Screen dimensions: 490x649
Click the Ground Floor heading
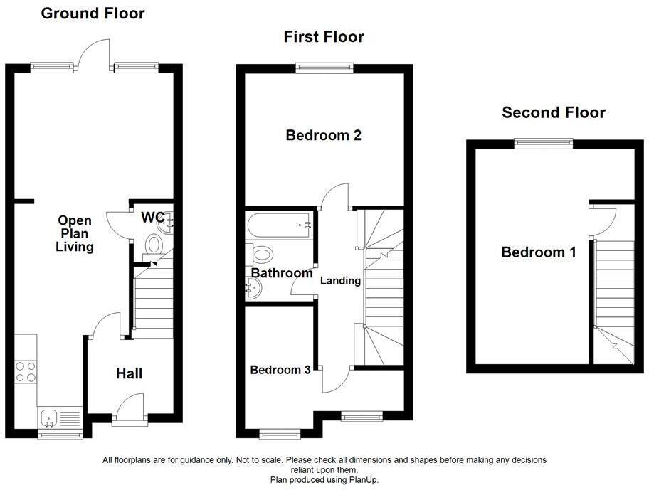93,13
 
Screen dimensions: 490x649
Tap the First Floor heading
324,36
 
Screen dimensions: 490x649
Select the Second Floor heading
554,112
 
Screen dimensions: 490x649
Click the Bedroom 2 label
323,135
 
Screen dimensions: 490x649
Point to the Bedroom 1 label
539,252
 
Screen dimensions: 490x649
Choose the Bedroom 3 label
280,370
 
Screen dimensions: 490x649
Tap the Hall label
130,373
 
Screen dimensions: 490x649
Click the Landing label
340,281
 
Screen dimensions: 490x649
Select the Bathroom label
282,273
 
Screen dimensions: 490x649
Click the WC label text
152,216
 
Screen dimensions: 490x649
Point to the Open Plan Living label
75,234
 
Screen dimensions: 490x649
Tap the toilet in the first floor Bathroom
259,254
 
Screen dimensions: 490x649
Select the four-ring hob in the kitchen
26,372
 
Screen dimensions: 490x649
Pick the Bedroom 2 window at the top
324,68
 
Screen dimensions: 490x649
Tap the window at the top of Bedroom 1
544,143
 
